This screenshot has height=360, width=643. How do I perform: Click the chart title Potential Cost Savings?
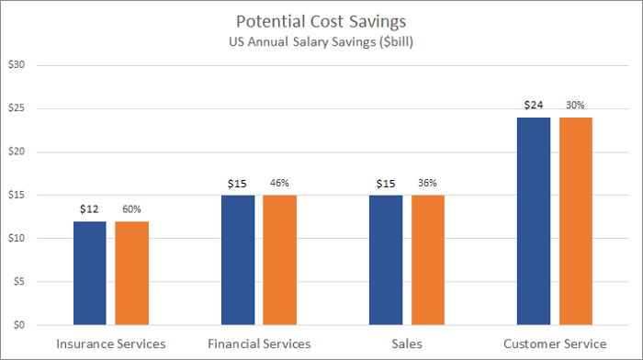(x=321, y=21)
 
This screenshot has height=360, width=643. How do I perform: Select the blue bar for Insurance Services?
(x=89, y=273)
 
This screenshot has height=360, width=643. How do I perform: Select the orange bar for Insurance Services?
(x=131, y=273)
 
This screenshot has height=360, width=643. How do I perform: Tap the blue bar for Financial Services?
(x=238, y=260)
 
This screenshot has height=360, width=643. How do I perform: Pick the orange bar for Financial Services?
(x=279, y=260)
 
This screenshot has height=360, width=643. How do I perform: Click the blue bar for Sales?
(x=385, y=260)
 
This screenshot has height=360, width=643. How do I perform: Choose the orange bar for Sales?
(x=427, y=260)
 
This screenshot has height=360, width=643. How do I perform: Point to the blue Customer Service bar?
(x=534, y=221)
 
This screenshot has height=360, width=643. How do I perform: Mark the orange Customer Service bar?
(x=576, y=221)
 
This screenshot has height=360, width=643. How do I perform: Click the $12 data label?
(x=89, y=210)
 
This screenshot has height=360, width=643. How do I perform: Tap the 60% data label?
(x=131, y=210)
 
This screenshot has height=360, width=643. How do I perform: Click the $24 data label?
(x=534, y=106)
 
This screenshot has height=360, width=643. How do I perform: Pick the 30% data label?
(x=576, y=106)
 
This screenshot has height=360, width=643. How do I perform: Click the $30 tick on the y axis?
(x=16, y=65)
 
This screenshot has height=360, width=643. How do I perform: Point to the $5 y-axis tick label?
(x=18, y=282)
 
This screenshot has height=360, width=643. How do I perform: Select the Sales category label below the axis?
(x=406, y=343)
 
